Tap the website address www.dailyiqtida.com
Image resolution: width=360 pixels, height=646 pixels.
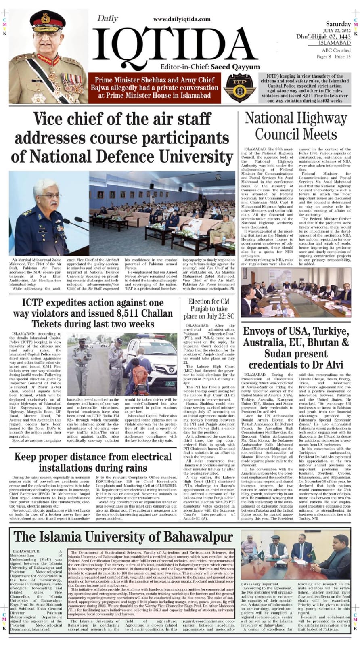point(186,19)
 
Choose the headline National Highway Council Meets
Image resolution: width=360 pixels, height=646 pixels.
point(296,126)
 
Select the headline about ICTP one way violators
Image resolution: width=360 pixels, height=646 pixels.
point(92,313)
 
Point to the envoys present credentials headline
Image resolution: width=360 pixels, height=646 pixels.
point(296,348)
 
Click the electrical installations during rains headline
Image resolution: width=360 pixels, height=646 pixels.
point(92,462)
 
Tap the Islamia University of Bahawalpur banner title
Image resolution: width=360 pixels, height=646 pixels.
point(123,537)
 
